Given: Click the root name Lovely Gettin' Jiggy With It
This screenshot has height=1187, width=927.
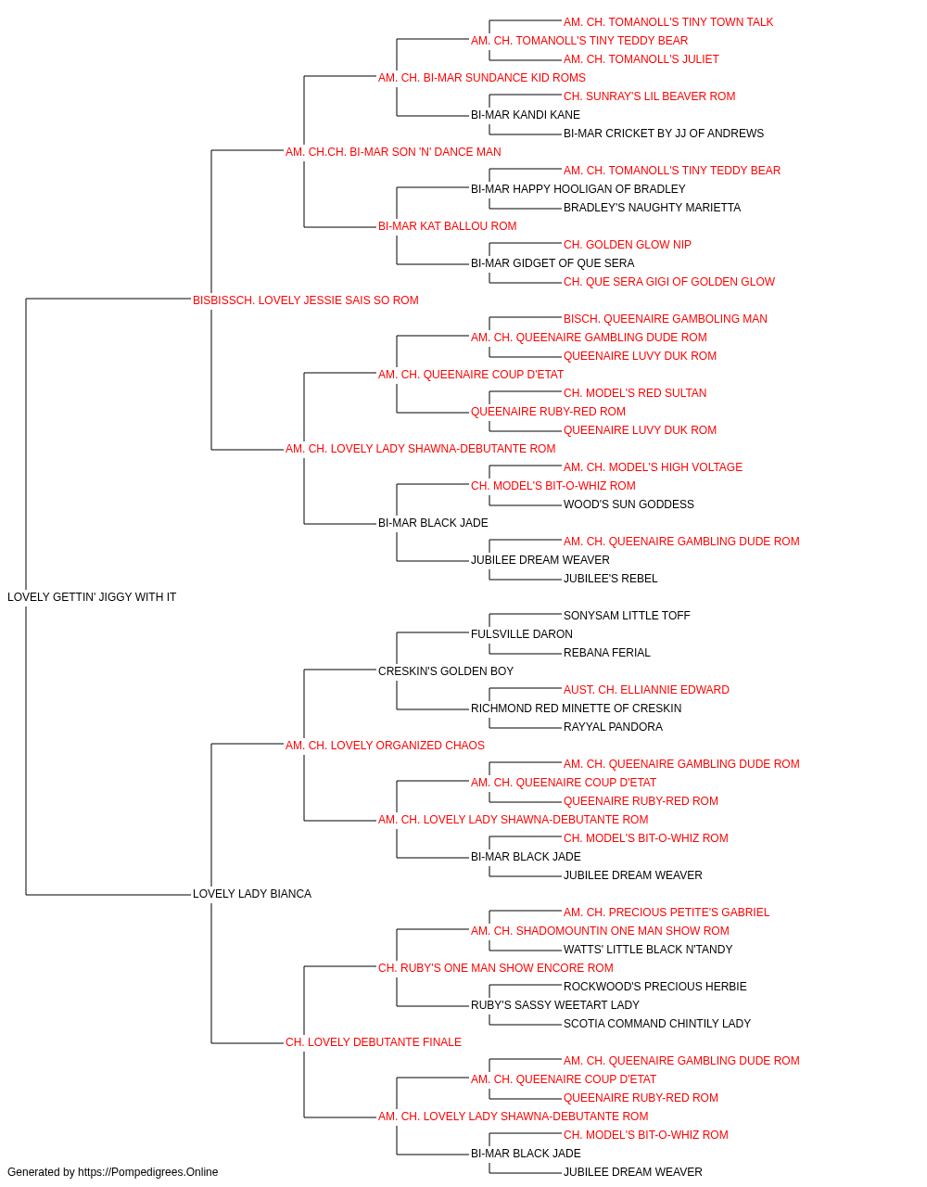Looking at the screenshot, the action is (x=92, y=597).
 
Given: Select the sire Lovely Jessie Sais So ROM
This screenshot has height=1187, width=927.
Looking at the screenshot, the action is (x=305, y=300).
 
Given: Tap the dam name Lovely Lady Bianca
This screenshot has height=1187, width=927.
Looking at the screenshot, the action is (x=251, y=894).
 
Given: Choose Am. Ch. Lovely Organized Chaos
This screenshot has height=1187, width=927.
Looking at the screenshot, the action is (x=385, y=745).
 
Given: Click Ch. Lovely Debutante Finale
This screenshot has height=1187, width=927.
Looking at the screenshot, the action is (x=373, y=1042).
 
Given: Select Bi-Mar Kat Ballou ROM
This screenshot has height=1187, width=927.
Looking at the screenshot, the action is (x=447, y=226).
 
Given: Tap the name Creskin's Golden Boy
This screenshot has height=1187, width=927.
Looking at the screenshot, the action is (x=446, y=670).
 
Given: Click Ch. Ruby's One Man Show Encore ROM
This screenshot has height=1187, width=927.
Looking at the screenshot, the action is (x=495, y=968).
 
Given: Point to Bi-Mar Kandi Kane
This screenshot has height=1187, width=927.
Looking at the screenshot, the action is (x=526, y=115).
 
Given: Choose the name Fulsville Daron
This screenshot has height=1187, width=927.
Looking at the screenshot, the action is (x=521, y=633).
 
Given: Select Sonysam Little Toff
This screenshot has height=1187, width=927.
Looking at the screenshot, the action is (x=627, y=616).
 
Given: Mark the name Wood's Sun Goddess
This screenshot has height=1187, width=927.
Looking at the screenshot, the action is (x=629, y=504).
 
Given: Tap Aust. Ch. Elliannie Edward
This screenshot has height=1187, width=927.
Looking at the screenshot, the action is (x=646, y=689).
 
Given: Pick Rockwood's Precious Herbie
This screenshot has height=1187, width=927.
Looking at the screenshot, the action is (x=654, y=987).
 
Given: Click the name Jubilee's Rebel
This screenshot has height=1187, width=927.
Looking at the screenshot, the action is (x=610, y=579).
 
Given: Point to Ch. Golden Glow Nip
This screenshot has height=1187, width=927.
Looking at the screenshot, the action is (x=628, y=245).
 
